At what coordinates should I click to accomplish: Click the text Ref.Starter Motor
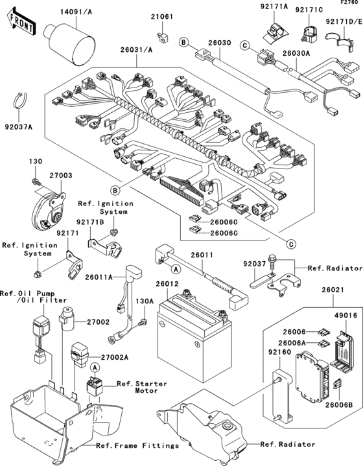click(141, 388)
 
